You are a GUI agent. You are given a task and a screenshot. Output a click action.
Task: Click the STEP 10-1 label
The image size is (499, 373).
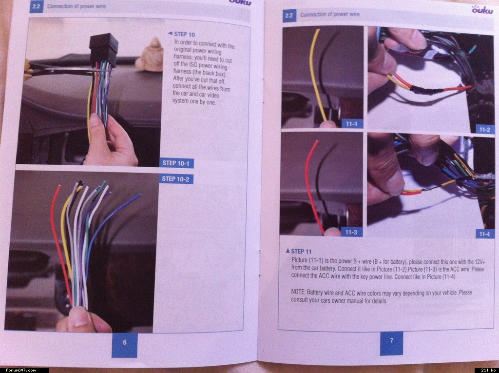point(176,163)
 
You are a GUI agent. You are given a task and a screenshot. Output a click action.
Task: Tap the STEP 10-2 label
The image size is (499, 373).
point(176,178)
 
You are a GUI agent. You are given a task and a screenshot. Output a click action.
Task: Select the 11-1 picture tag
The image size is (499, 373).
point(352,123)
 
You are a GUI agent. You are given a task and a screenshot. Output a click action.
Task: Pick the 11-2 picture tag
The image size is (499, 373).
point(484,129)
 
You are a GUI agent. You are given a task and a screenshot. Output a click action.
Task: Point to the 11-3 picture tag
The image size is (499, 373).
point(351,232)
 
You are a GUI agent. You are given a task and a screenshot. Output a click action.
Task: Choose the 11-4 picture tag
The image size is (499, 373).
point(484,234)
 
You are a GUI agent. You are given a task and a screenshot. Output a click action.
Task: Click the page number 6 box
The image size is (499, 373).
point(124,345)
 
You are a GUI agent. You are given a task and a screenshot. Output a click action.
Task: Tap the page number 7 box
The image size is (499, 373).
point(391,343)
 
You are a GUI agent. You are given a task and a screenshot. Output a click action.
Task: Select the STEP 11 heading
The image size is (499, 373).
point(299,251)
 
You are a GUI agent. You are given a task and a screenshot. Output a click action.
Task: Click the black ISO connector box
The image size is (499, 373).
point(104,50)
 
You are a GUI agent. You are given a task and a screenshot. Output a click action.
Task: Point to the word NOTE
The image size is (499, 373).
point(298,292)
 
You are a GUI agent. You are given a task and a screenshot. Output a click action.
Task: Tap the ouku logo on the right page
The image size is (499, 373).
point(482,9)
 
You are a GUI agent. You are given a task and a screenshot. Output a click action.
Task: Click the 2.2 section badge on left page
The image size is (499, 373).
point(37,7)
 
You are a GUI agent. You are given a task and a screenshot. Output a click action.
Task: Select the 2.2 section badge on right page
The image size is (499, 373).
point(289,16)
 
